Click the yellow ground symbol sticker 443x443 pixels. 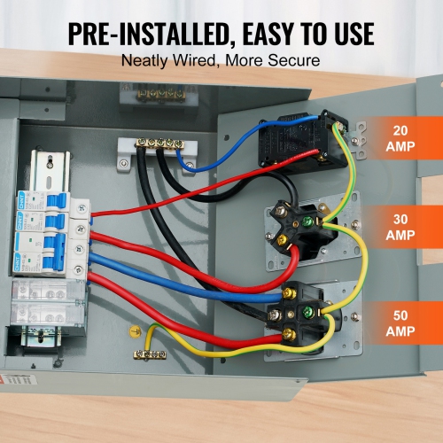click(135, 333)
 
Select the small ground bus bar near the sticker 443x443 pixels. click(151, 354)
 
